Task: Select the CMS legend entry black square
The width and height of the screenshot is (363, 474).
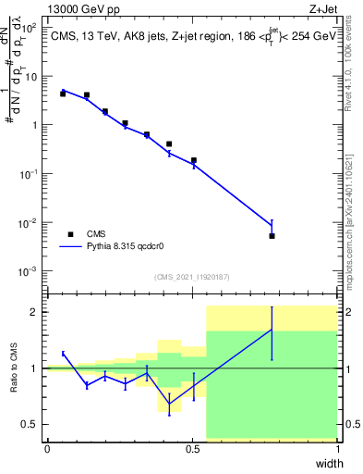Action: pyautogui.click(x=69, y=234)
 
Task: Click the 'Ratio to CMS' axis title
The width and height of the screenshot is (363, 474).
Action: pyautogui.click(x=13, y=369)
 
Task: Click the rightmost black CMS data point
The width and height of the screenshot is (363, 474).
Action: pyautogui.click(x=272, y=236)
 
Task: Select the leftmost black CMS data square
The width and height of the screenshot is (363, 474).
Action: pyautogui.click(x=63, y=94)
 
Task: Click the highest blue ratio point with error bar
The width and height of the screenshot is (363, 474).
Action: pyautogui.click(x=272, y=330)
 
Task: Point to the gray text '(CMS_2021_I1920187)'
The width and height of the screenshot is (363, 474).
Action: pyautogui.click(x=192, y=277)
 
